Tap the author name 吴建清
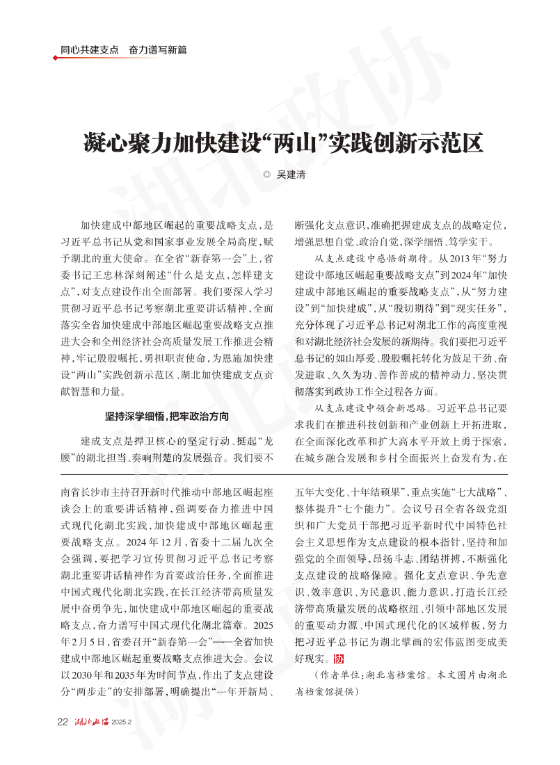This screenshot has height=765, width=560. [291, 175]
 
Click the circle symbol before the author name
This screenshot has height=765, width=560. [266, 175]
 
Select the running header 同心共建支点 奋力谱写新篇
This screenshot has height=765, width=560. [123, 50]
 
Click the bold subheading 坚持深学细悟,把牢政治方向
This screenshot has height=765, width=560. [166, 417]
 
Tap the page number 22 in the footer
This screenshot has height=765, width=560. [62, 721]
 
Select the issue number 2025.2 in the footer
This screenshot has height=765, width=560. [122, 722]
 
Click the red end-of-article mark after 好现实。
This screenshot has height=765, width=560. [339, 659]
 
